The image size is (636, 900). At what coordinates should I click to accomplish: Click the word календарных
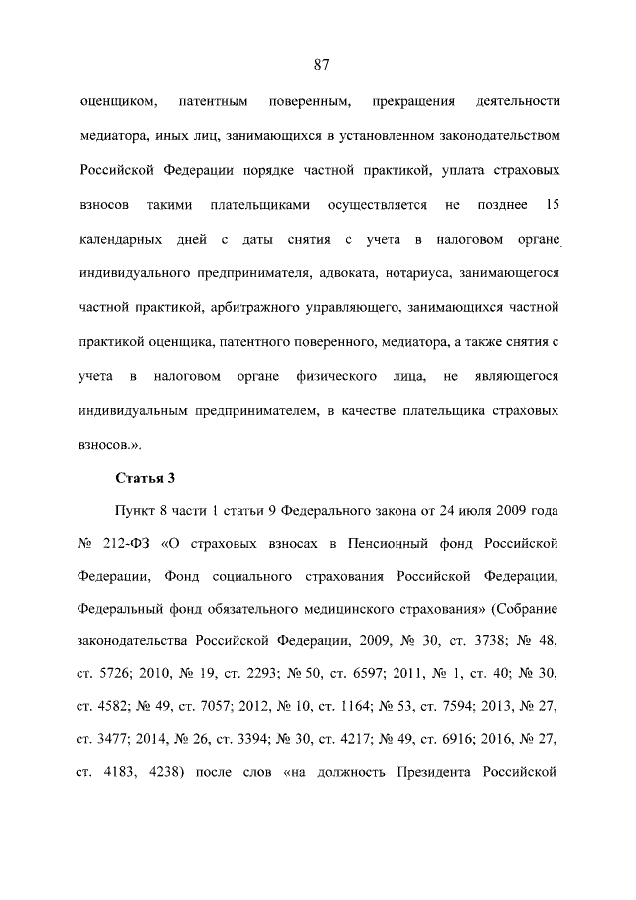(x=123, y=240)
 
